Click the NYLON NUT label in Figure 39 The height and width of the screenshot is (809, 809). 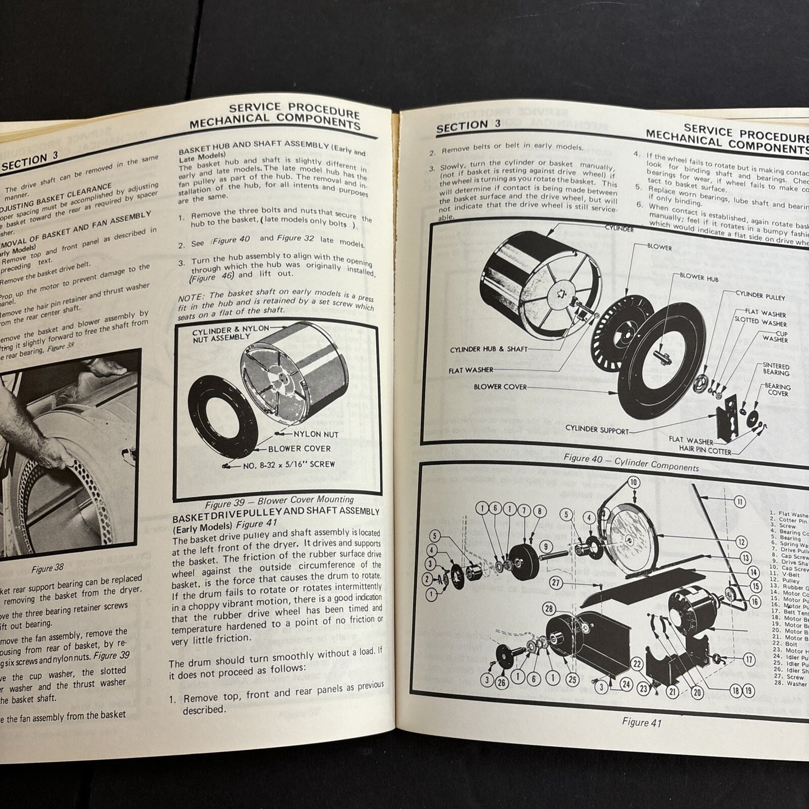316,434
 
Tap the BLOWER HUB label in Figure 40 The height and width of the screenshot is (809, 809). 699,277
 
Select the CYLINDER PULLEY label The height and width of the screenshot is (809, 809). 760,297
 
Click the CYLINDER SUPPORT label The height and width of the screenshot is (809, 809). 597,431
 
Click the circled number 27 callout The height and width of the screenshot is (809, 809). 555,582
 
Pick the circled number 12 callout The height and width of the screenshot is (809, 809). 741,542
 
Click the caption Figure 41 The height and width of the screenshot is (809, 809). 641,722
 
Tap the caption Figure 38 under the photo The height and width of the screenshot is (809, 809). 48,569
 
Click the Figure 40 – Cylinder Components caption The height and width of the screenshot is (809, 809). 631,462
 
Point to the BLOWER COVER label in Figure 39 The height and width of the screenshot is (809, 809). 299,448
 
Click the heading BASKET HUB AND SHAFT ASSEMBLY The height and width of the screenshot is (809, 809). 253,146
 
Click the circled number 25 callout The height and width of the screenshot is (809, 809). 572,679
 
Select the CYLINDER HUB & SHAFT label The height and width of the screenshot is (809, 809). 488,349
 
